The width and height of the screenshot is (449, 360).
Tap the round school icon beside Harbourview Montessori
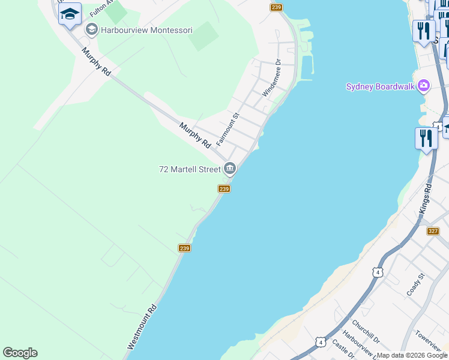click(92, 29)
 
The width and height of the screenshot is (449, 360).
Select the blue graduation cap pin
click(70, 13)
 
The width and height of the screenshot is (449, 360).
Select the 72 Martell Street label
click(190, 170)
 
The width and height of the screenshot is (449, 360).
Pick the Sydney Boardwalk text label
click(381, 86)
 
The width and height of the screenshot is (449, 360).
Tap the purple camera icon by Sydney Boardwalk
click(424, 86)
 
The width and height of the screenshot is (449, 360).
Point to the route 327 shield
click(433, 231)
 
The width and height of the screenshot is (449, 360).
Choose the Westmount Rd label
click(142, 327)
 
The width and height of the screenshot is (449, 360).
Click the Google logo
click(20, 353)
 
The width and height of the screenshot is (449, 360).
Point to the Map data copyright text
click(412, 355)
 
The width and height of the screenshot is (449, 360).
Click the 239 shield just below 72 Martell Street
click(224, 189)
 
